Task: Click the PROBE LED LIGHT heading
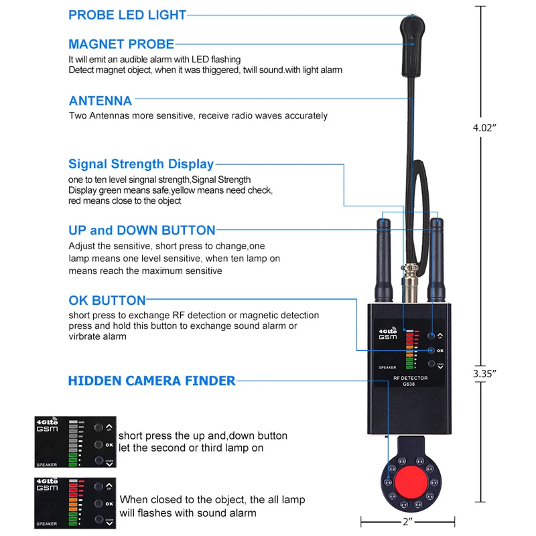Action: tap(127, 15)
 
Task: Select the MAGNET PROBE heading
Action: tap(121, 44)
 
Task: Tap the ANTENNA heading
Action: tap(100, 101)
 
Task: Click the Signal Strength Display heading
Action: tap(141, 164)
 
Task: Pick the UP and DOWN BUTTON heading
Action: tap(141, 230)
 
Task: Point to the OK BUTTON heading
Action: tap(107, 300)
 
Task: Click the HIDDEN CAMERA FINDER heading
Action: tap(151, 381)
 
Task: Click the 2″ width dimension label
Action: tap(408, 521)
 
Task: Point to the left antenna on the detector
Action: tap(383, 261)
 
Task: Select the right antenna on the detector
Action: tap(436, 261)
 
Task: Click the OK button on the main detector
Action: tap(431, 350)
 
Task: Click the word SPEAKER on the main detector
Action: tap(387, 367)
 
